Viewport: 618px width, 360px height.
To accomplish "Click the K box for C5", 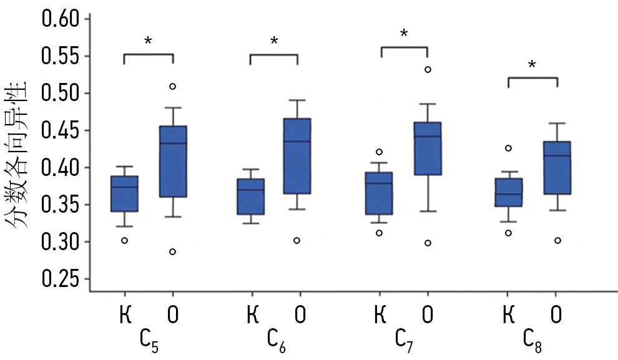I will coord(125,194).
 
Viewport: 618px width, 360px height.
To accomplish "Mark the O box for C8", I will coord(557,168).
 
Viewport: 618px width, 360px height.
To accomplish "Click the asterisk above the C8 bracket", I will coord(532,65).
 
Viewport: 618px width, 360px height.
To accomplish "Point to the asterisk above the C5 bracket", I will coord(148,42).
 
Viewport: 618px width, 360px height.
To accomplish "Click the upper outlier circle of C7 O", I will coord(428,69).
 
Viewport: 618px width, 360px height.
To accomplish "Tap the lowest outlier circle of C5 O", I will coord(172,251).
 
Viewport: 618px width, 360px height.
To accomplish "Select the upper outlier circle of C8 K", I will coord(508,148).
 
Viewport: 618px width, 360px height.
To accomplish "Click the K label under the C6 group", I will coord(253,315).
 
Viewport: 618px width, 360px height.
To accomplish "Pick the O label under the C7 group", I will coord(428,315).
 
